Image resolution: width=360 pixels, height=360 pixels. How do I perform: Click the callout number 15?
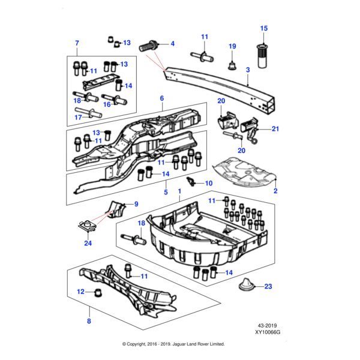pos(264,28)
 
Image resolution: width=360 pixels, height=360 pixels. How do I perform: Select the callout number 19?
pos(233,46)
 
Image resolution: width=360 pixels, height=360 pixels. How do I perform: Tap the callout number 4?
pos(172,44)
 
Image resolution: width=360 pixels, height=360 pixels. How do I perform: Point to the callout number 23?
pos(268,286)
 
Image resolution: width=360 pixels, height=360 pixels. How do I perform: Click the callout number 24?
pos(88,244)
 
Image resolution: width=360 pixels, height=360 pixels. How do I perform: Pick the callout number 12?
pos(81,292)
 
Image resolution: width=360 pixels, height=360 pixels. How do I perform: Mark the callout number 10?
pos(208,183)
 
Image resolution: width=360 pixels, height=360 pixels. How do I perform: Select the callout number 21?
pos(275,128)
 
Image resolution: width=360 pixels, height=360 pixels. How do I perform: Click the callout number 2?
pos(275,191)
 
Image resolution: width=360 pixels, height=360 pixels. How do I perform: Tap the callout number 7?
pos(76,43)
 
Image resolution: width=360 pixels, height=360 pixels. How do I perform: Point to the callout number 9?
pos(136,204)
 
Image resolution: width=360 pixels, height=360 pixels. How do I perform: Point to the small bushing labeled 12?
pos(95,292)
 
